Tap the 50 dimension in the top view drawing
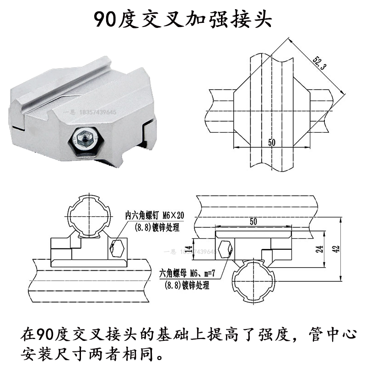[272, 143]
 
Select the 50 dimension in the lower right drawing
[254, 221]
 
